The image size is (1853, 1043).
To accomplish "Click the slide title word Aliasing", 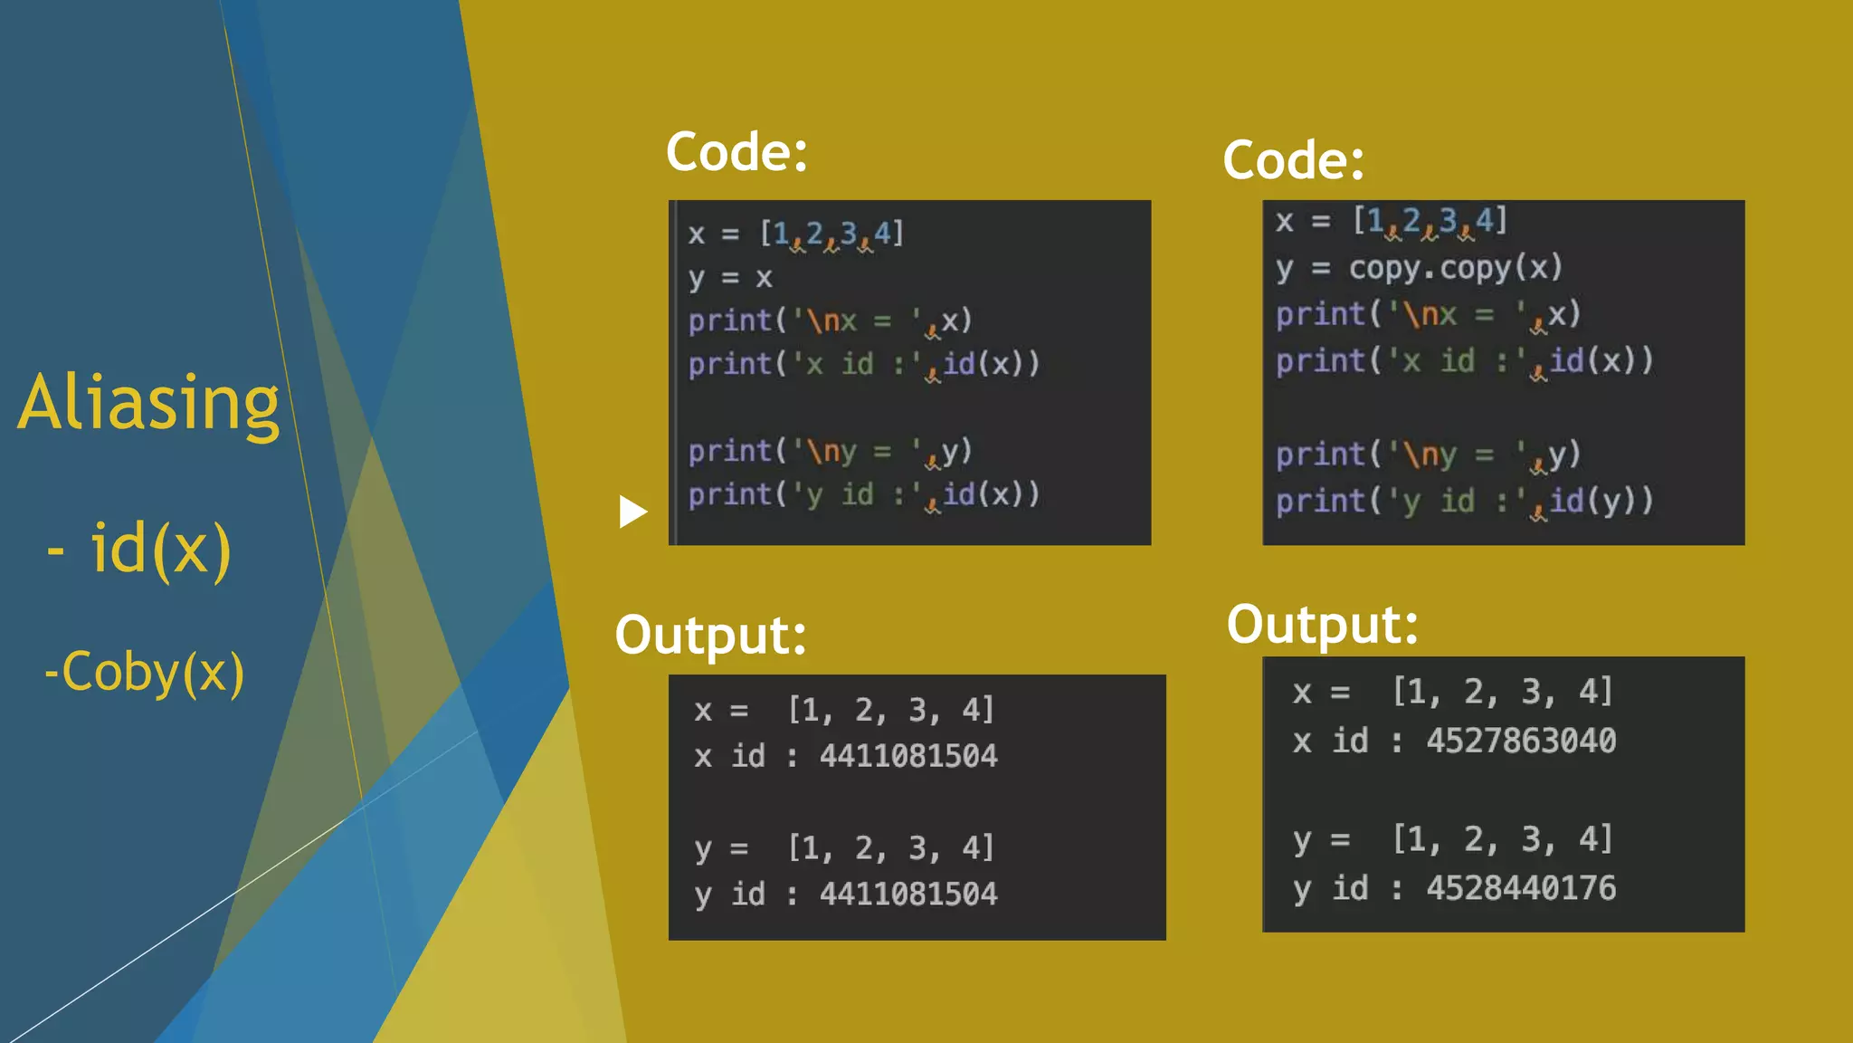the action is pos(149,403).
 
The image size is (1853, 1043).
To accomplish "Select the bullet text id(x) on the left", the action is pos(160,550).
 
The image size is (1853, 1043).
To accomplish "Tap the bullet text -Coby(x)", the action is pos(145,673).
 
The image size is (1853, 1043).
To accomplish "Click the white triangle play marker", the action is pos(632,512).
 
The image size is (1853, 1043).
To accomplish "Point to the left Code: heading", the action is pos(736,151).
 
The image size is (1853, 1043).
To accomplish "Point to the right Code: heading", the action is pos(1293,160).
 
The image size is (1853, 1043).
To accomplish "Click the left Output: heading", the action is pos(710,634).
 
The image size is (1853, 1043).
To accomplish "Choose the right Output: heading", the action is pos(1322,624).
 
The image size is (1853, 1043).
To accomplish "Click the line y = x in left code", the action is pos(729,277).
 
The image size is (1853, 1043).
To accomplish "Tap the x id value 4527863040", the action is pos(1521,741).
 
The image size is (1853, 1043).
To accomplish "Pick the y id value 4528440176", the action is pos(1521,888).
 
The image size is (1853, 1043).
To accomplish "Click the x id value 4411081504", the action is pos(908,756).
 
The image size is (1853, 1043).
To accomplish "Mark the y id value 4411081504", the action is pos(908,895).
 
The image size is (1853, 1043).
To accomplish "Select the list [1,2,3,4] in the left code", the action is pos(831,234).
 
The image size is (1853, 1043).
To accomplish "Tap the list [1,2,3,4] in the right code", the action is pos(1430,220).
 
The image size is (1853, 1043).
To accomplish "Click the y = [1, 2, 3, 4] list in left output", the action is pos(891,848).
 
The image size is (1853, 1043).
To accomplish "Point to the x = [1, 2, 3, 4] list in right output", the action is pos(1502,692).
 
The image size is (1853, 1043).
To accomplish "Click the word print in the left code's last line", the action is pos(729,494).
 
